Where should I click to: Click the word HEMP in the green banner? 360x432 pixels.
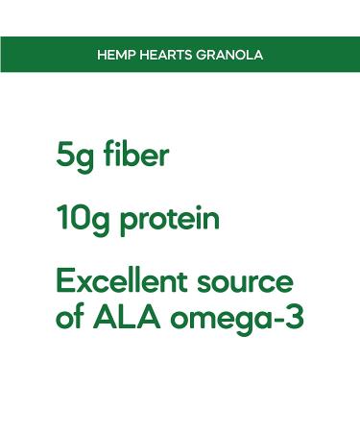pyautogui.click(x=114, y=55)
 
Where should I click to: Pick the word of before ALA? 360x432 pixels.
pyautogui.click(x=70, y=317)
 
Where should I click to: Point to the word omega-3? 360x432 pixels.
pyautogui.click(x=236, y=319)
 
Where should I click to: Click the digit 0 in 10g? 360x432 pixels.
pyautogui.click(x=84, y=218)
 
